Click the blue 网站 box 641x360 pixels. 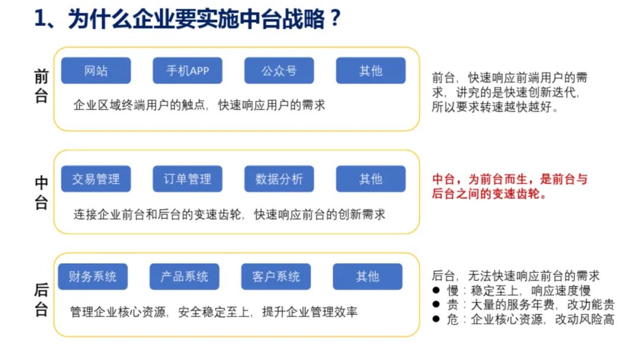96,71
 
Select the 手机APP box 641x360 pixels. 188,71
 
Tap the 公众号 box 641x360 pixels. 279,71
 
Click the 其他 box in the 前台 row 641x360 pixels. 371,71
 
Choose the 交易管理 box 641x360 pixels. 96,179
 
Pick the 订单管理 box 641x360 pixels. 188,179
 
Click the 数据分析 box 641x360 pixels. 279,179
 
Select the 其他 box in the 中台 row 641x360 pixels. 371,179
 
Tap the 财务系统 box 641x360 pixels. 93,276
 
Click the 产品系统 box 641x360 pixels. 185,276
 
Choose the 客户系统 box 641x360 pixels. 276,276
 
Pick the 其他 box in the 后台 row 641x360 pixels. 367,276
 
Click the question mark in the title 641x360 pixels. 335,19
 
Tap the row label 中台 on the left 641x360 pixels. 41,193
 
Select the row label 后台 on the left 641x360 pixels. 41,300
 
